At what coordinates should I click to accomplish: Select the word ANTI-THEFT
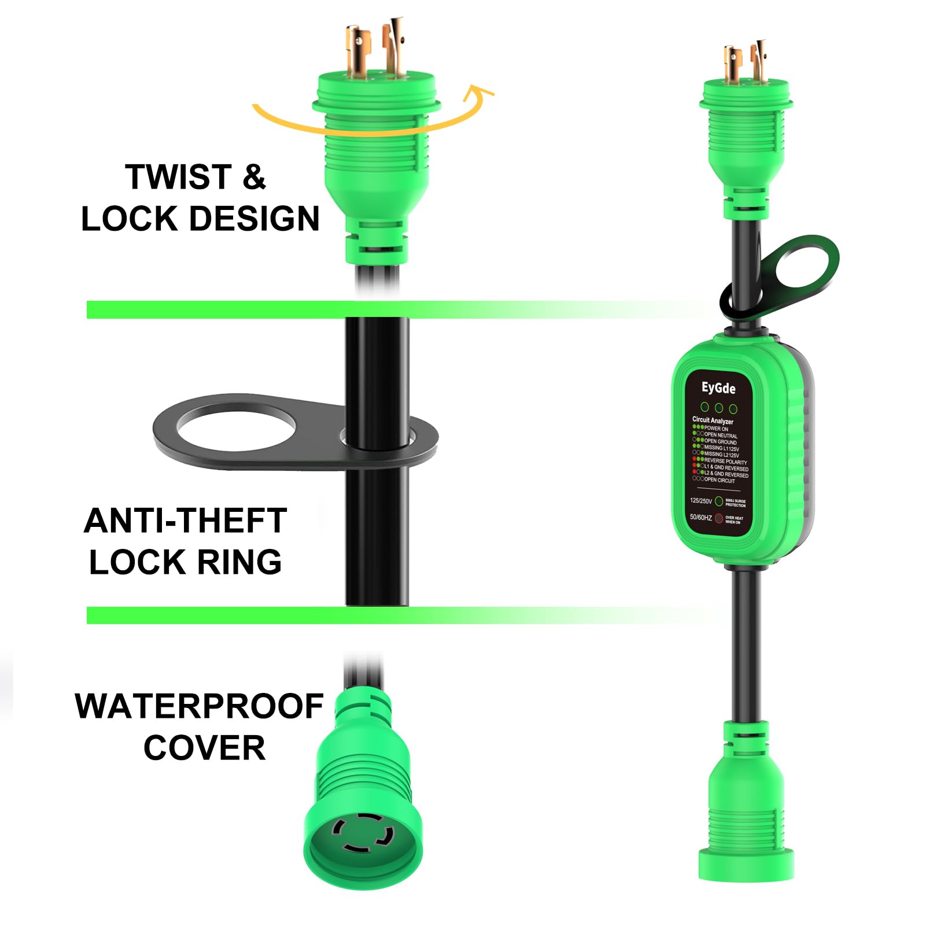(x=185, y=521)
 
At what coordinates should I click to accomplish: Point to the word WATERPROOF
(x=199, y=706)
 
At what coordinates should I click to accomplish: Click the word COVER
(x=204, y=748)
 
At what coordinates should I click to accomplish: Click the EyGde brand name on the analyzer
(x=718, y=388)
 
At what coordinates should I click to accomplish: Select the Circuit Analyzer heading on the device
(x=713, y=420)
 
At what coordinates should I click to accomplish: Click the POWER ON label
(x=716, y=429)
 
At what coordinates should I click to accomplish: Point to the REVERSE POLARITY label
(x=725, y=462)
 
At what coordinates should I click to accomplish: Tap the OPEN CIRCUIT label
(x=720, y=480)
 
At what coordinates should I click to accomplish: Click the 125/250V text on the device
(x=700, y=501)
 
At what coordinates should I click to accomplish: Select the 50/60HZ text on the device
(x=700, y=517)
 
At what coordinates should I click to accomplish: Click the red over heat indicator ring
(x=719, y=518)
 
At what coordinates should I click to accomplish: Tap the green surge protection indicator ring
(x=719, y=501)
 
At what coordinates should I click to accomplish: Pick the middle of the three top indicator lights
(x=719, y=408)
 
